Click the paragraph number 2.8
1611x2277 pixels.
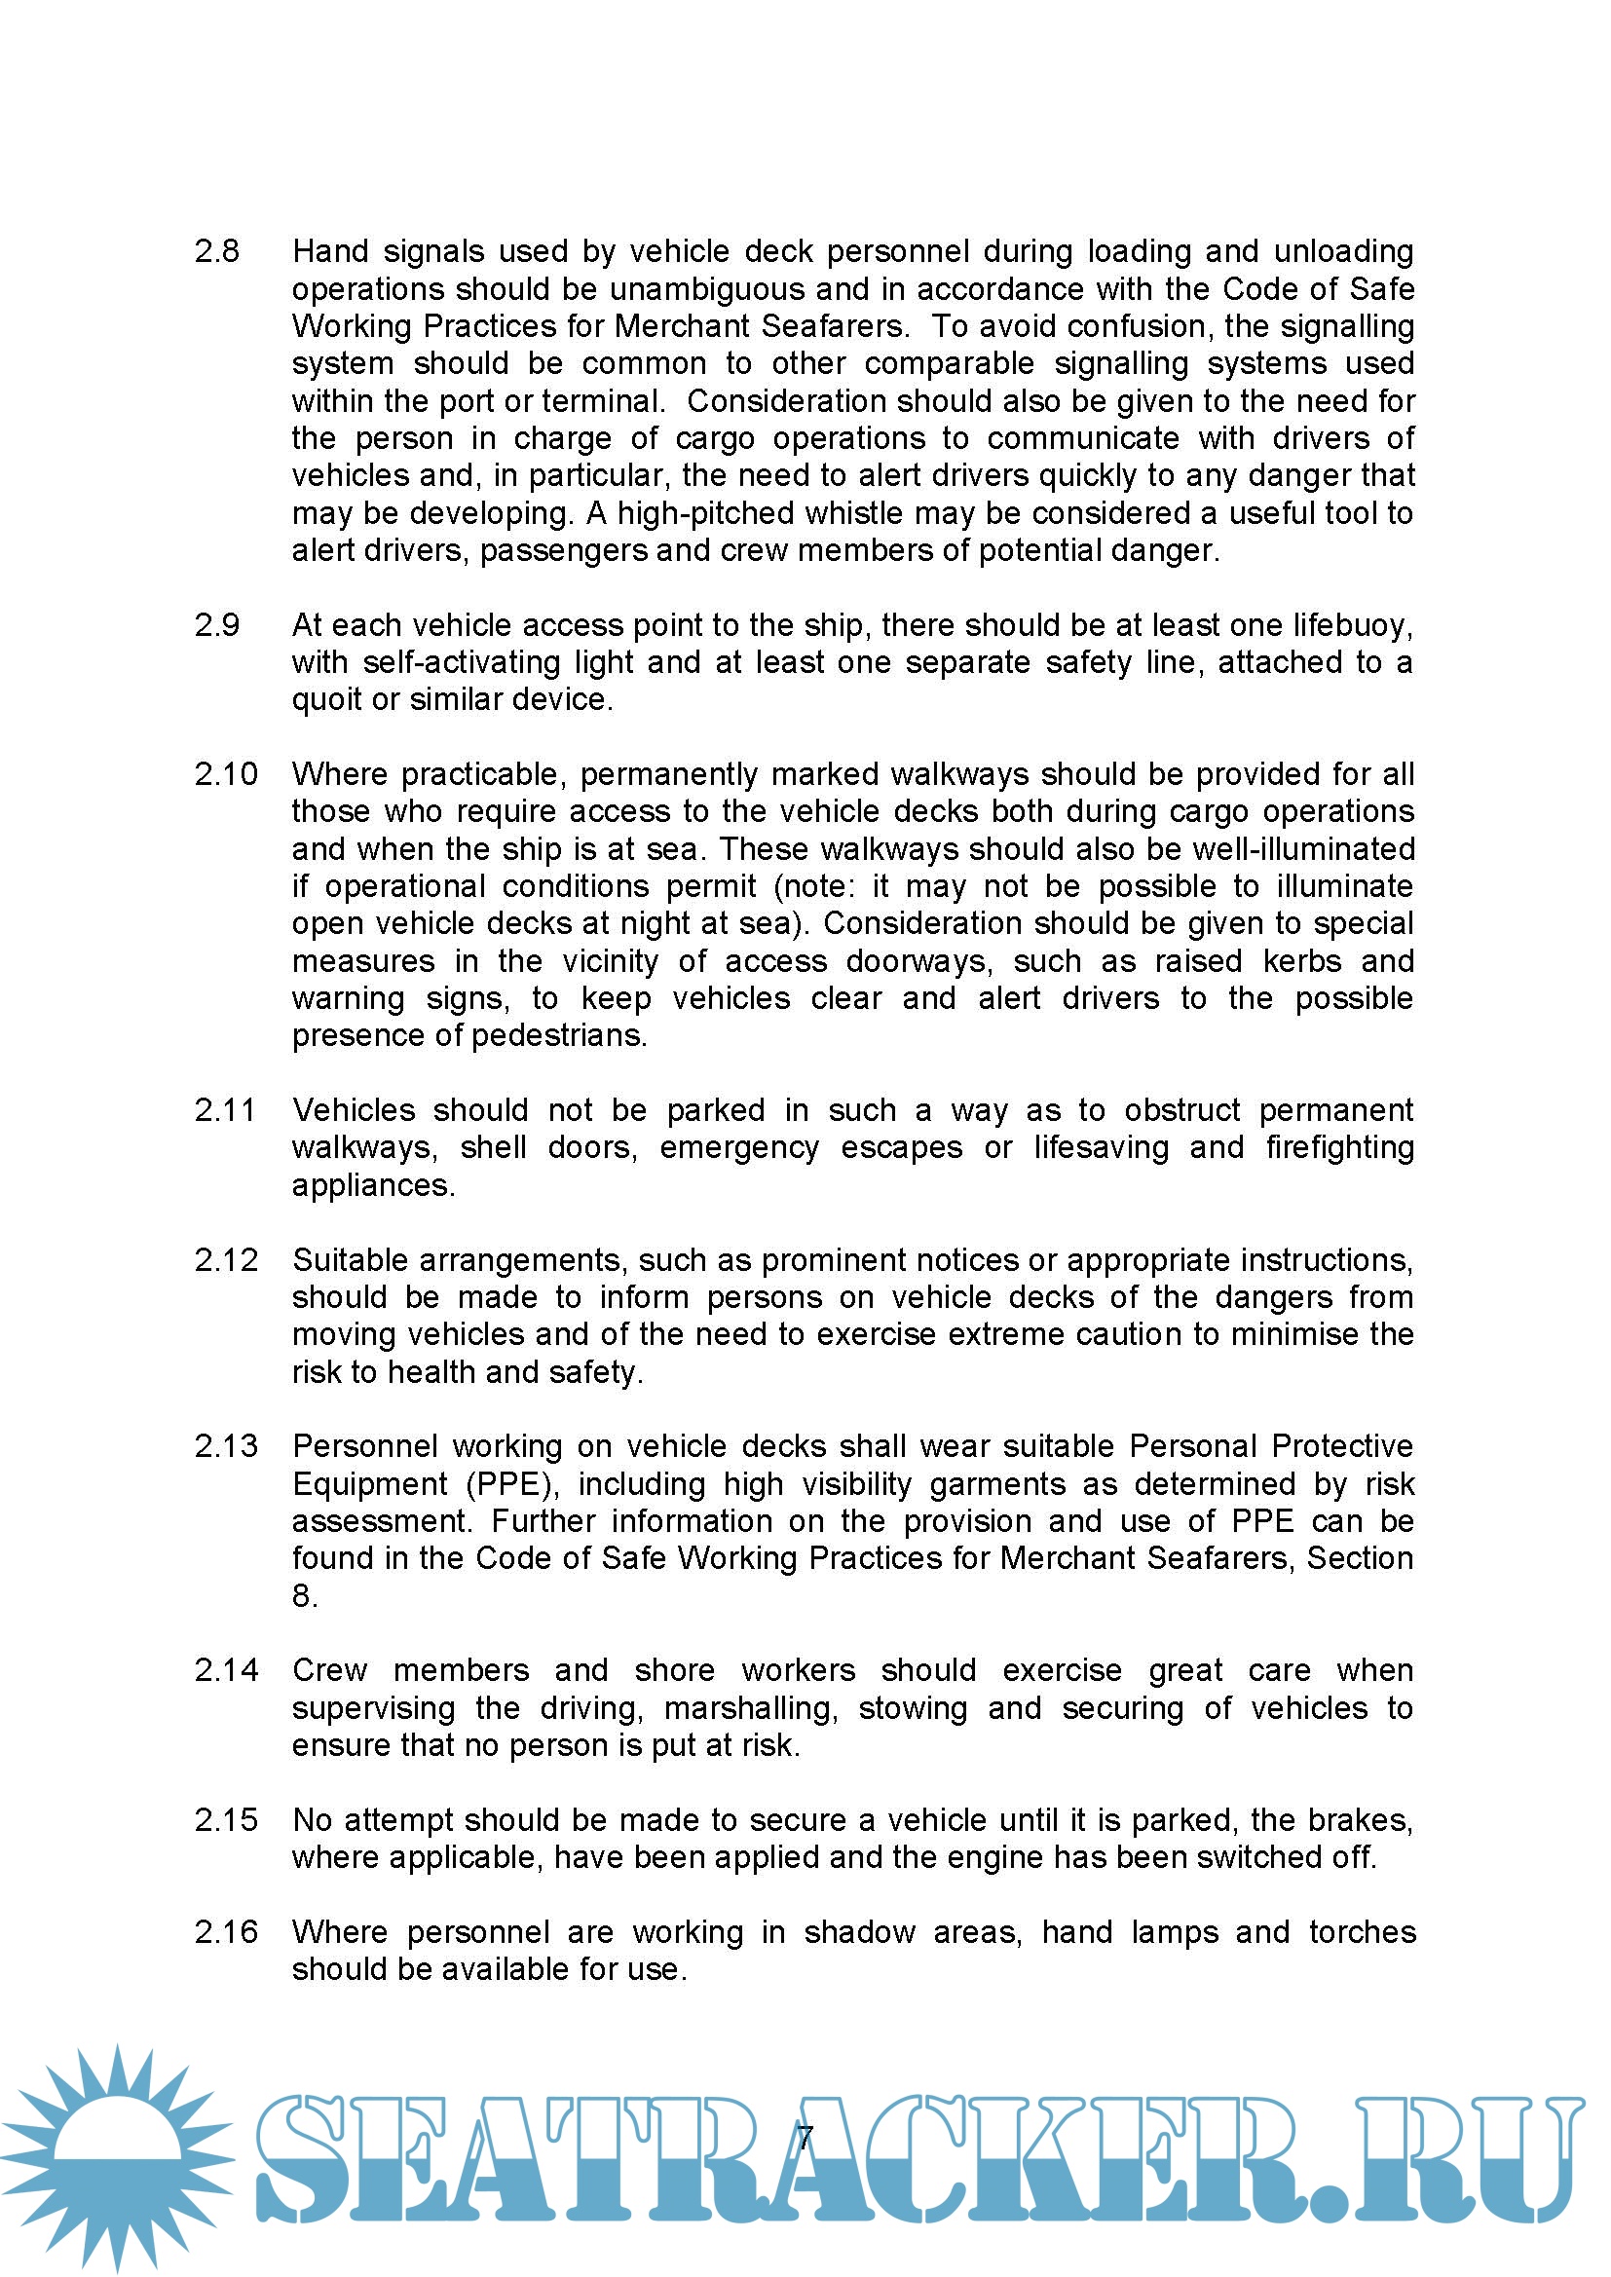(216, 252)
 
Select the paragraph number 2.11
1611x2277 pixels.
(225, 1110)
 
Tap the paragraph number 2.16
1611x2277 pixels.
(225, 1932)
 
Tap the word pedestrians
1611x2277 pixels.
(558, 1036)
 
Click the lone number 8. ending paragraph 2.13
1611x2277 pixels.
(304, 1596)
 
